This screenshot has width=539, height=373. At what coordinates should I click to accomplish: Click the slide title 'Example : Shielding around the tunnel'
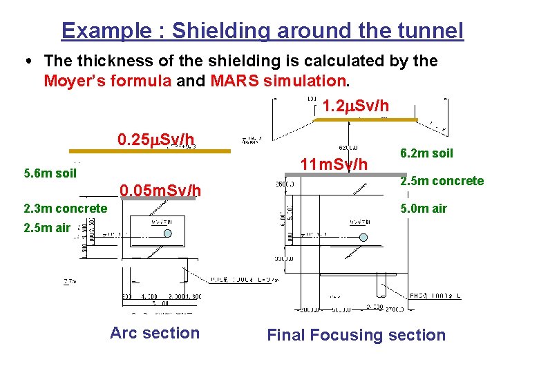coord(262,31)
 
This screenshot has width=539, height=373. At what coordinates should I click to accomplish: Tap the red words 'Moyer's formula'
coord(107,82)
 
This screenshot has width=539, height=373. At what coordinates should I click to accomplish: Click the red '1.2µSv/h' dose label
coord(355,106)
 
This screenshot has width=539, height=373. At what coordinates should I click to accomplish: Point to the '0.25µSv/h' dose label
coord(155,140)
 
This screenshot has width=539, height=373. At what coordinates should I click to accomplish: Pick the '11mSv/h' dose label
coord(334,164)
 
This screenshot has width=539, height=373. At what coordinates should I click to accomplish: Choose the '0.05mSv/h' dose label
coord(160,190)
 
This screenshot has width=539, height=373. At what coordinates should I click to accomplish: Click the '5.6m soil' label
coord(50,173)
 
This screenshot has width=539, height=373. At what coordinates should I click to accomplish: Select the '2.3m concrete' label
coord(65,208)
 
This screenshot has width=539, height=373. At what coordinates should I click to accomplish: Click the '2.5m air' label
coord(46,229)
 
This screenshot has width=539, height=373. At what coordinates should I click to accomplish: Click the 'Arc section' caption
coord(154,333)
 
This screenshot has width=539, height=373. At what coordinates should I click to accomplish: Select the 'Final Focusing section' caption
coord(356,335)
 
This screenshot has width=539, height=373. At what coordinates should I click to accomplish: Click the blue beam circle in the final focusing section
coord(364,238)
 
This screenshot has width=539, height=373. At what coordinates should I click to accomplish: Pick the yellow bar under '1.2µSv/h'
coord(366,119)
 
